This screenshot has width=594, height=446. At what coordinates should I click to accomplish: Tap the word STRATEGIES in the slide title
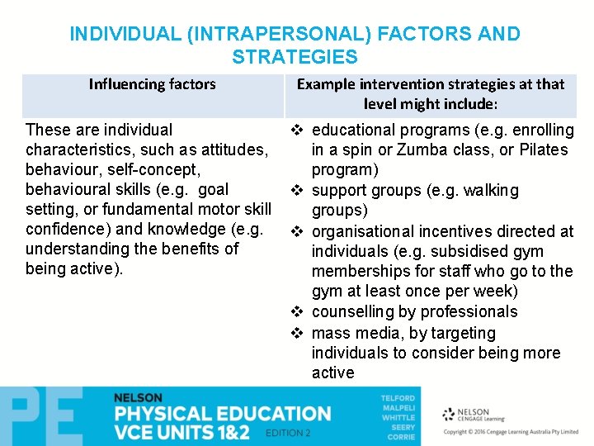(295, 58)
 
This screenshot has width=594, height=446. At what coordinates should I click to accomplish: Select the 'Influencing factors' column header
(152, 84)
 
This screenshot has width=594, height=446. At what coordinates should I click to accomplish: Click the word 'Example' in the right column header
(328, 84)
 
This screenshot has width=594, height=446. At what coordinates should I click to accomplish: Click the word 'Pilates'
(541, 150)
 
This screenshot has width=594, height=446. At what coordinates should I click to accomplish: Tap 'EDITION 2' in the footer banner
(289, 434)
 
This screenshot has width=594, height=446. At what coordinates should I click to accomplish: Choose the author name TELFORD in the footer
(398, 398)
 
